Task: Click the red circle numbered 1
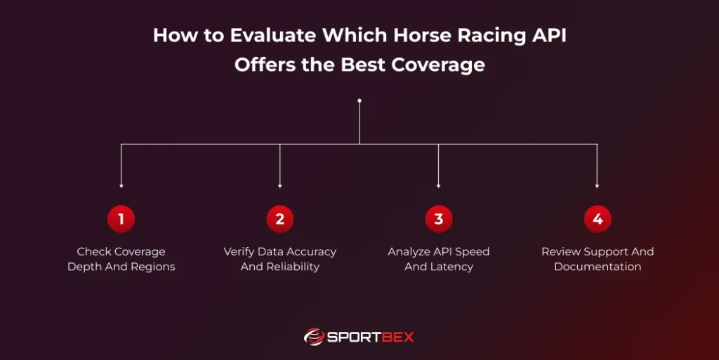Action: [121, 220]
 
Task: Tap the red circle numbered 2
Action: [280, 220]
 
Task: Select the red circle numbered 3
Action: [439, 220]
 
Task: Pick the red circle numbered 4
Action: [598, 220]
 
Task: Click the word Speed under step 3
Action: [473, 251]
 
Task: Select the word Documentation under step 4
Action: [598, 267]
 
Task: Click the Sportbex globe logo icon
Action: [313, 337]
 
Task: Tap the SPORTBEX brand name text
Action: [371, 337]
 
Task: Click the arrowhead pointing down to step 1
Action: [121, 186]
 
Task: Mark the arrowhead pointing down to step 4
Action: [598, 186]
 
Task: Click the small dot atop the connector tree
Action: [359, 100]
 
